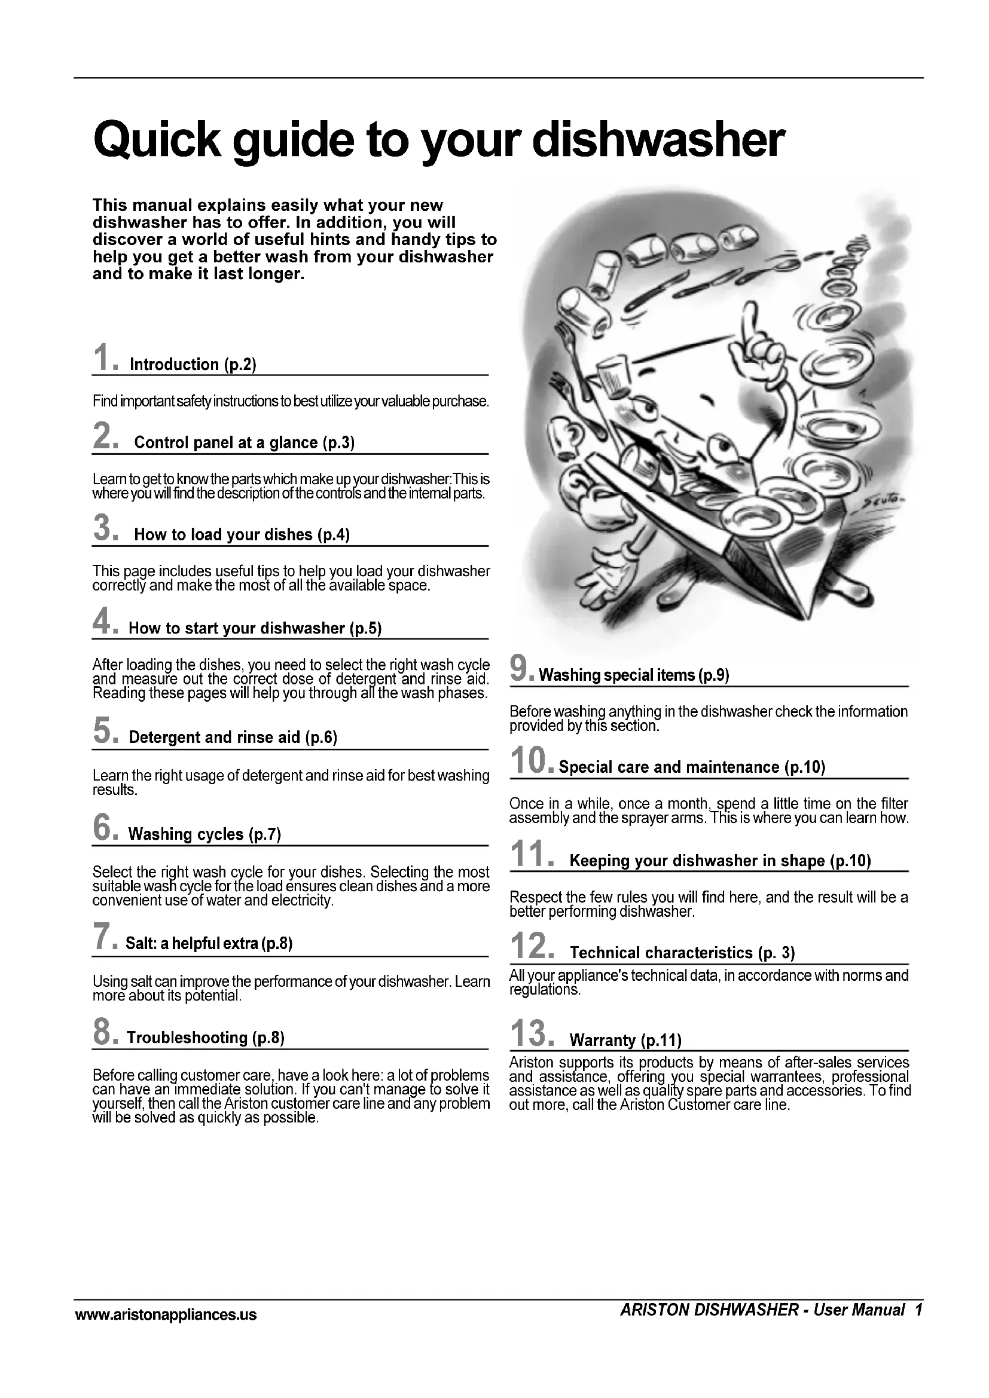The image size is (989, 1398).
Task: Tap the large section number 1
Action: click(x=101, y=357)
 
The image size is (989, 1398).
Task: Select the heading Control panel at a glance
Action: click(x=243, y=443)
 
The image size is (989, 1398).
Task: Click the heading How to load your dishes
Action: click(x=242, y=534)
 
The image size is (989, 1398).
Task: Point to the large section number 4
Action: click(x=101, y=622)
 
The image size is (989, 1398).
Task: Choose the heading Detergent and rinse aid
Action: click(x=233, y=738)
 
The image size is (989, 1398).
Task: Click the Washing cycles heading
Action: click(x=204, y=834)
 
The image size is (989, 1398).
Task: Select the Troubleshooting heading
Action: click(x=205, y=1038)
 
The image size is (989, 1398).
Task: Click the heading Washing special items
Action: click(x=633, y=675)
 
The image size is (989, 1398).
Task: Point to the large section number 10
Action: click(x=528, y=761)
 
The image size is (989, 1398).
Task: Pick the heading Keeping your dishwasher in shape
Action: click(x=720, y=861)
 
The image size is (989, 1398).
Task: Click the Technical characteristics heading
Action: click(x=682, y=953)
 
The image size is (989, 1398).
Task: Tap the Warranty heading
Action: click(x=625, y=1040)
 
